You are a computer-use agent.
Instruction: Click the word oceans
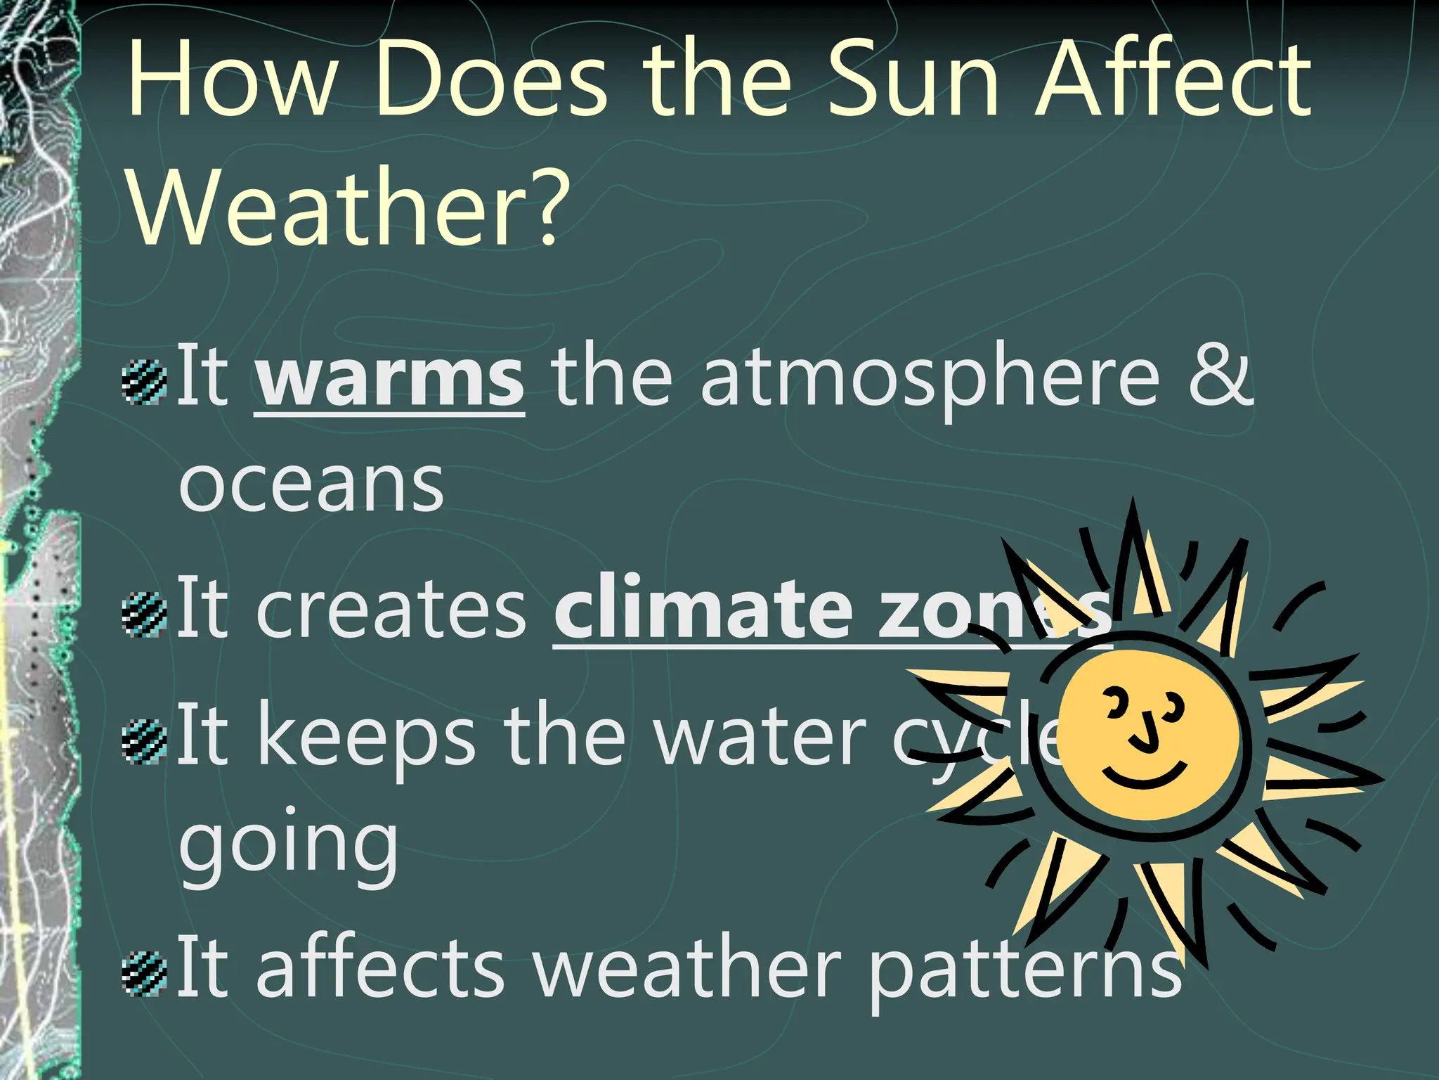311,485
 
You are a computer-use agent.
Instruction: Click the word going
288,847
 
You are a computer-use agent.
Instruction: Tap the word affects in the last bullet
379,967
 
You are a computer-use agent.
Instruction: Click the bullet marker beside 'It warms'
144,382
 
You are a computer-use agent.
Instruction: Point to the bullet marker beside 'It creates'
144,615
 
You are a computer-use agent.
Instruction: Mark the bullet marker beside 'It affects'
144,975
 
